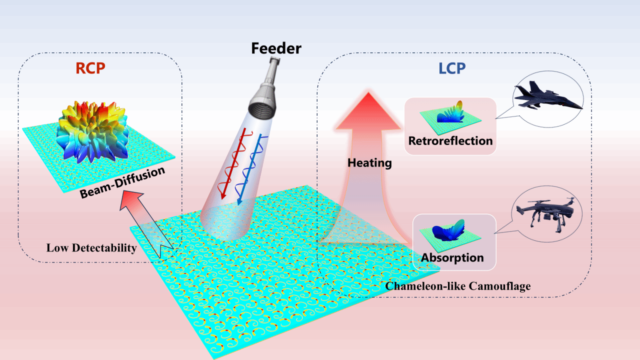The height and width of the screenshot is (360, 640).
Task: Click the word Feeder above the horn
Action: click(276, 48)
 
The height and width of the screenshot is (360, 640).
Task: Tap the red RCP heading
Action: click(90, 68)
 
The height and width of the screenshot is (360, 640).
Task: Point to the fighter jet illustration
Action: click(547, 98)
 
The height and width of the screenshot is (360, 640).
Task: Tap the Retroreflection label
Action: click(450, 140)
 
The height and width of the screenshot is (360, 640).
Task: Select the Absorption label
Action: click(452, 258)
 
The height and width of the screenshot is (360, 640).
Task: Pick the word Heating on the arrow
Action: click(370, 162)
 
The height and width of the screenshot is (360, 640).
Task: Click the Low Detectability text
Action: click(91, 247)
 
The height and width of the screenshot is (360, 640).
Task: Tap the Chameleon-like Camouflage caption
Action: click(458, 286)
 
